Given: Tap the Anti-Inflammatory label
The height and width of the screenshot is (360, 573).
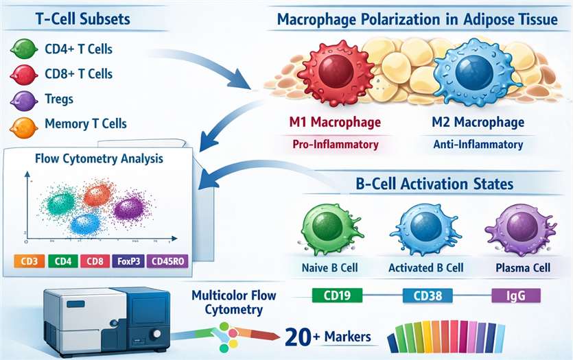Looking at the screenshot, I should coord(478,145).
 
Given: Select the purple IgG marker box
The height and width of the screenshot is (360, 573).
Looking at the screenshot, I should coord(517,296).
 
